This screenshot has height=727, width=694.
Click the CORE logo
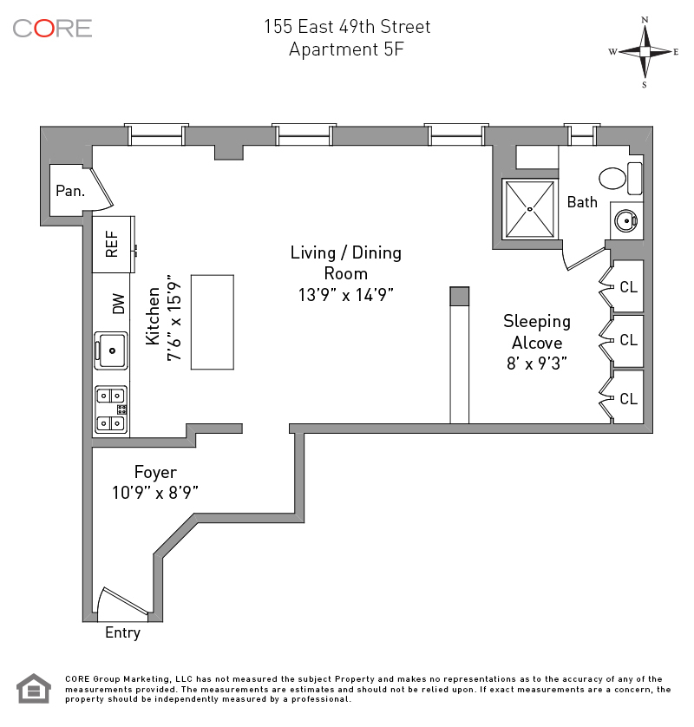pyautogui.click(x=52, y=28)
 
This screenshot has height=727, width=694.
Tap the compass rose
pyautogui.click(x=645, y=51)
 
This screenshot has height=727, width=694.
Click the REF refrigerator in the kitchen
pyautogui.click(x=113, y=245)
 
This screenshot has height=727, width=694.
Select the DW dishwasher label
pyautogui.click(x=119, y=303)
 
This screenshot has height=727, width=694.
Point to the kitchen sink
pyautogui.click(x=111, y=350)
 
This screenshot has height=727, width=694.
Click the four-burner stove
pyautogui.click(x=111, y=409)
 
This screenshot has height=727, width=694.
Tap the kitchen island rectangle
pyautogui.click(x=213, y=322)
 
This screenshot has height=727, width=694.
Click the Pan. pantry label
pyautogui.click(x=70, y=191)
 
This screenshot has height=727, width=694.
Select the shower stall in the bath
pyautogui.click(x=530, y=208)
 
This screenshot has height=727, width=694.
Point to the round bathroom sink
pyautogui.click(x=625, y=220)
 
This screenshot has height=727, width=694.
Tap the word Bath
pyautogui.click(x=582, y=202)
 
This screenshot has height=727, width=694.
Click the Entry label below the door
pyautogui.click(x=122, y=632)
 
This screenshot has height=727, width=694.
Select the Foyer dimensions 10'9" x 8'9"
pyautogui.click(x=155, y=492)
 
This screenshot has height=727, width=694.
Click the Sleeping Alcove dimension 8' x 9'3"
pyautogui.click(x=537, y=364)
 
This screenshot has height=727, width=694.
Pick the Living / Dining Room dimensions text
pyautogui.click(x=346, y=294)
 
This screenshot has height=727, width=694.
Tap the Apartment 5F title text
pyautogui.click(x=346, y=49)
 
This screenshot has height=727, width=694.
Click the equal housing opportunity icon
pyautogui.click(x=34, y=690)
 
